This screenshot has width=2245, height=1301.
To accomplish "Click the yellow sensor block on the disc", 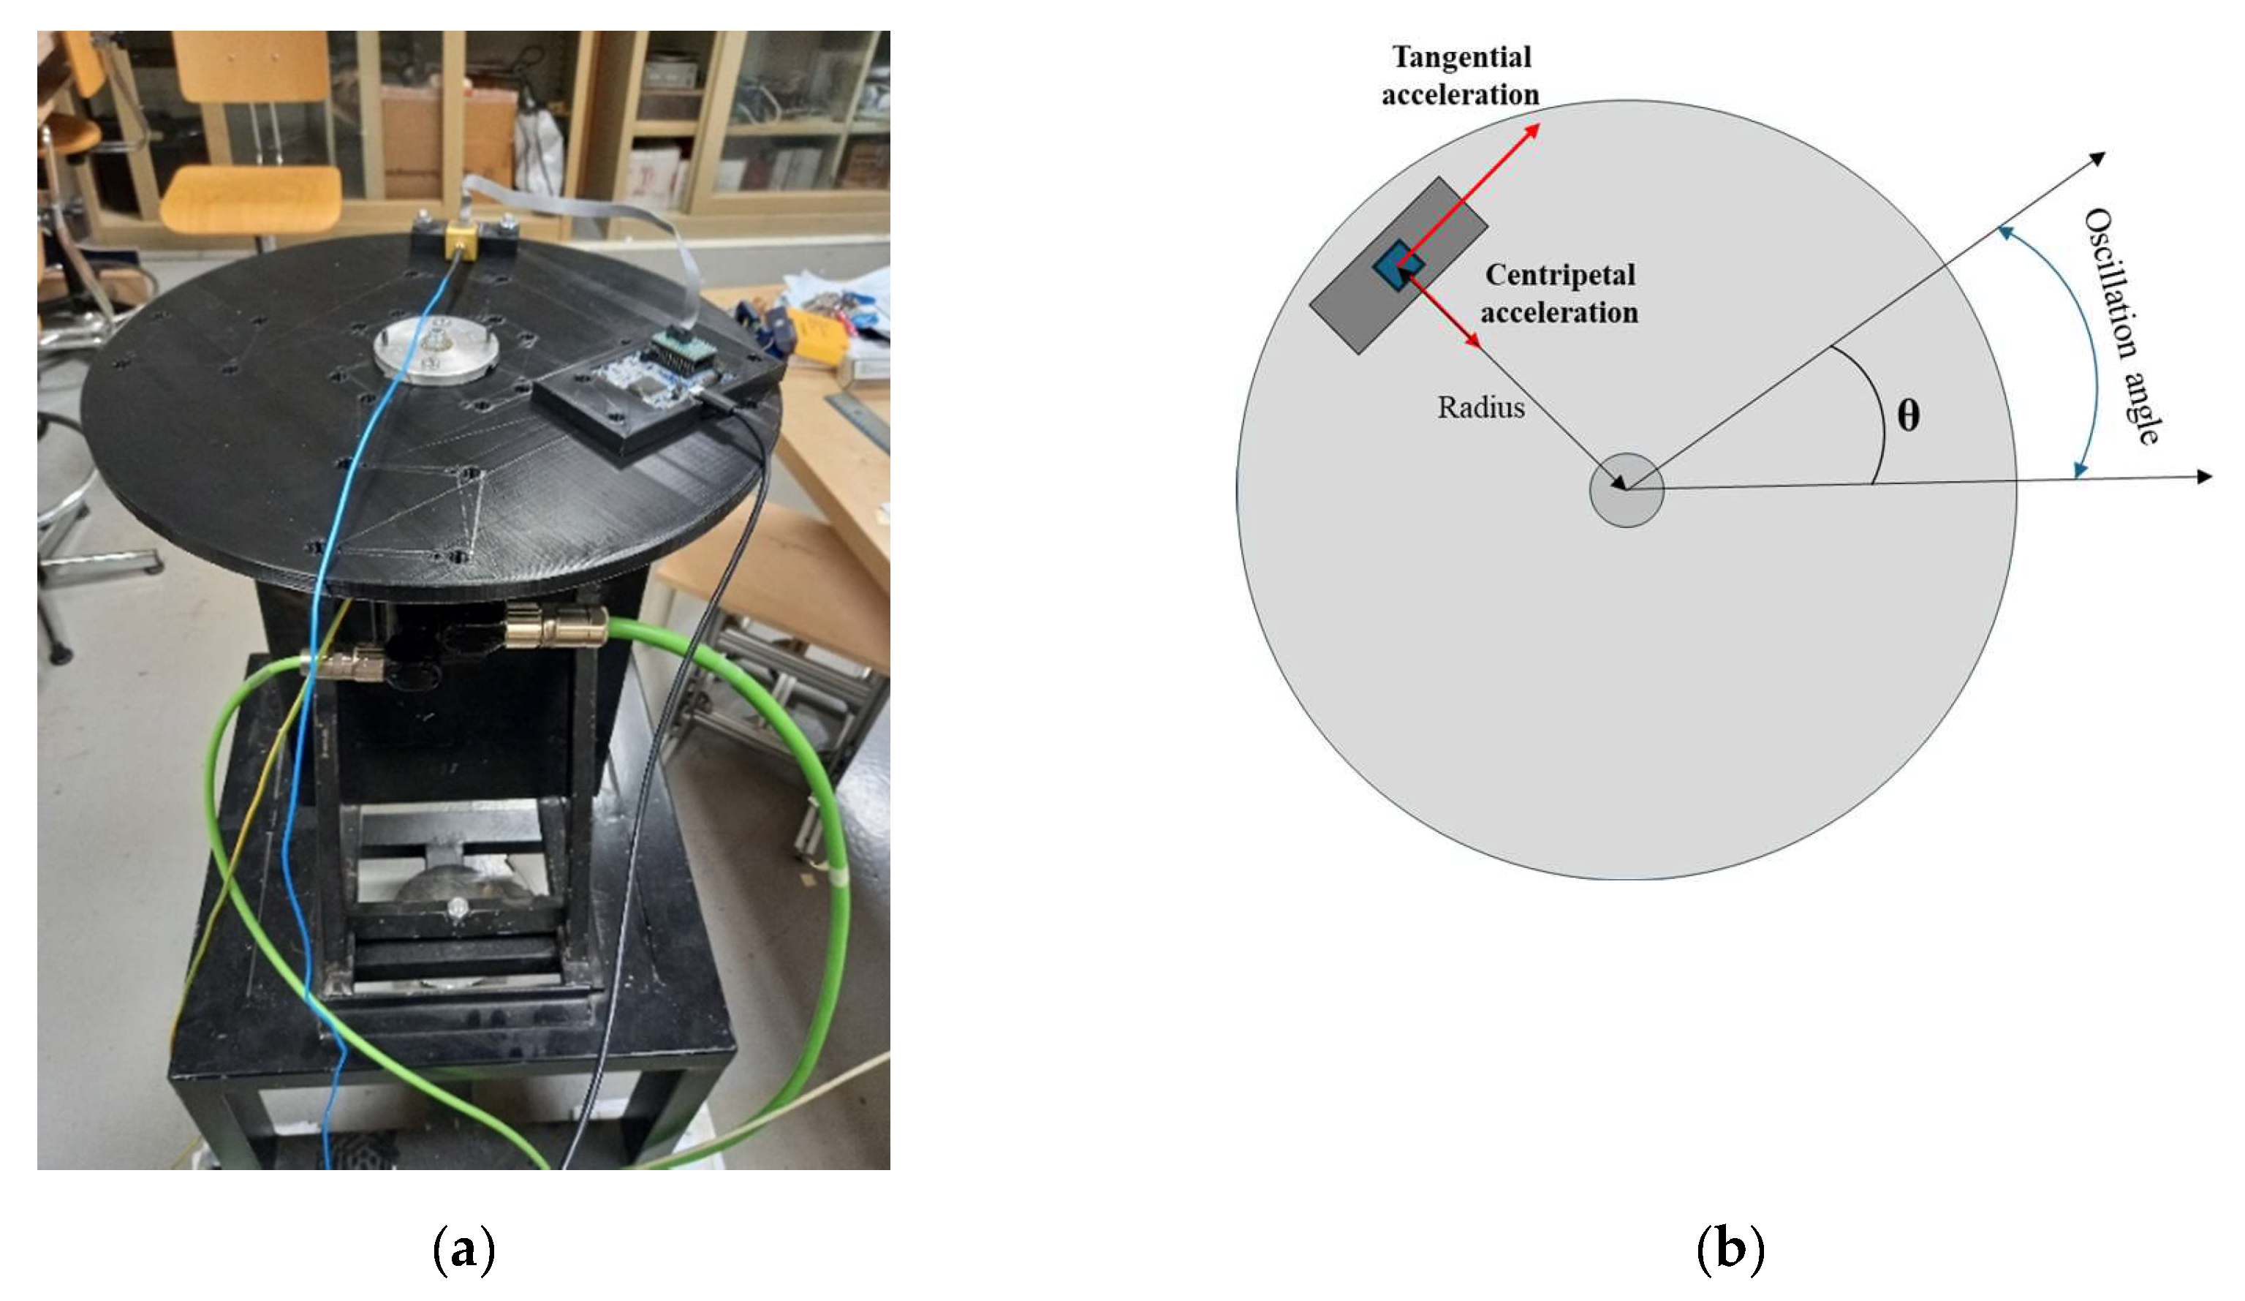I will (461, 239).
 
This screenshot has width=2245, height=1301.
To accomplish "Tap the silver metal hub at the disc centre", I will (435, 348).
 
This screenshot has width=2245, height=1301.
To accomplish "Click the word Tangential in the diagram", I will (1461, 57).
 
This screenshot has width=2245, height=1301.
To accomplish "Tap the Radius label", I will (1480, 407).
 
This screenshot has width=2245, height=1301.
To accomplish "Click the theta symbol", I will (1907, 415).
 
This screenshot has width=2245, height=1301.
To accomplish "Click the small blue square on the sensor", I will (1397, 262).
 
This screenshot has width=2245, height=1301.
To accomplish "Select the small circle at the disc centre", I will (1626, 490).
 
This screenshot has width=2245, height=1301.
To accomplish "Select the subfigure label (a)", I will (462, 1251).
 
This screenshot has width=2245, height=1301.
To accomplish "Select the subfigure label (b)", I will (1729, 1251).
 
